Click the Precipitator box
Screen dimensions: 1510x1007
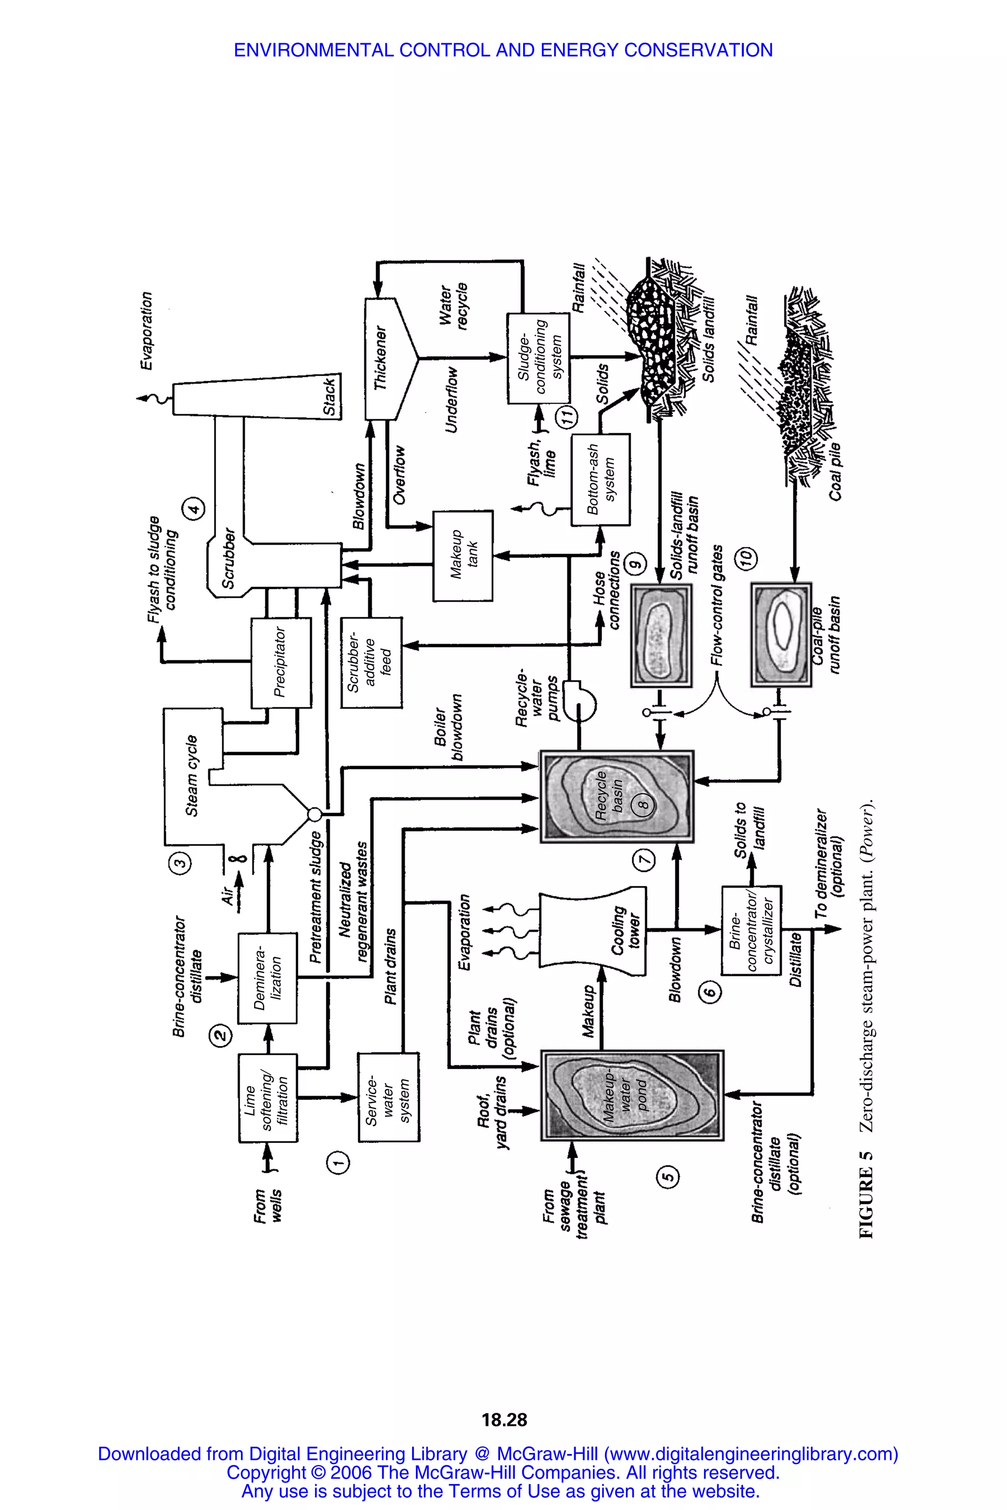tap(281, 663)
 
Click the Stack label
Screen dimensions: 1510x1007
tap(329, 397)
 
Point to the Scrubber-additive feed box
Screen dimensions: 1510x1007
tap(371, 663)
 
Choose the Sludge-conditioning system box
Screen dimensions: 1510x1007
tap(538, 358)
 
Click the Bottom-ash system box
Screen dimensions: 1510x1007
tap(600, 479)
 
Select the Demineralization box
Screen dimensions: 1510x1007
tap(267, 978)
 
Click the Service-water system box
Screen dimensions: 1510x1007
tap(388, 1097)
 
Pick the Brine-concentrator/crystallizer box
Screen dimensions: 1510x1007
tap(751, 929)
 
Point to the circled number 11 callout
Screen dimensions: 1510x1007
tap(566, 417)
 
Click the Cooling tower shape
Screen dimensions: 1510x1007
tap(591, 929)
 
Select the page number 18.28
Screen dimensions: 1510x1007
tap(504, 1420)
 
